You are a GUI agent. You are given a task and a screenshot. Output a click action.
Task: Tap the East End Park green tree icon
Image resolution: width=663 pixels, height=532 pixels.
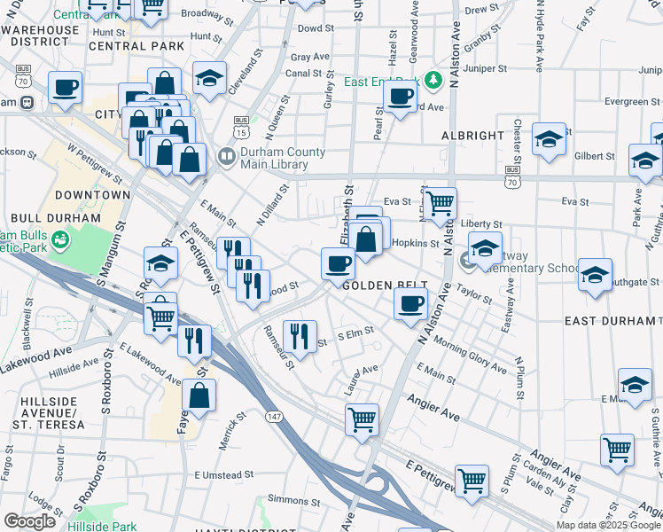[433, 82]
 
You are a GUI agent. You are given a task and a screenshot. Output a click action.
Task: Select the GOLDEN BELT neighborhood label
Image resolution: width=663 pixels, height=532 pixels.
[380, 286]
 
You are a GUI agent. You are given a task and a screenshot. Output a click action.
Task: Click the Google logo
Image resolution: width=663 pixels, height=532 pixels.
[29, 521]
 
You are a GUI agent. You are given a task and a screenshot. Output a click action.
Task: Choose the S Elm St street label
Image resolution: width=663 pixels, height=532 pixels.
[356, 334]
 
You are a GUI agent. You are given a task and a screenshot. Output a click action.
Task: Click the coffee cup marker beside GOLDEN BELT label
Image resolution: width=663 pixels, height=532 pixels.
[409, 304]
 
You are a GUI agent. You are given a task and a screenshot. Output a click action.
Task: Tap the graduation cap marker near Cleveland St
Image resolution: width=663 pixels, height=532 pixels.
[209, 78]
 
